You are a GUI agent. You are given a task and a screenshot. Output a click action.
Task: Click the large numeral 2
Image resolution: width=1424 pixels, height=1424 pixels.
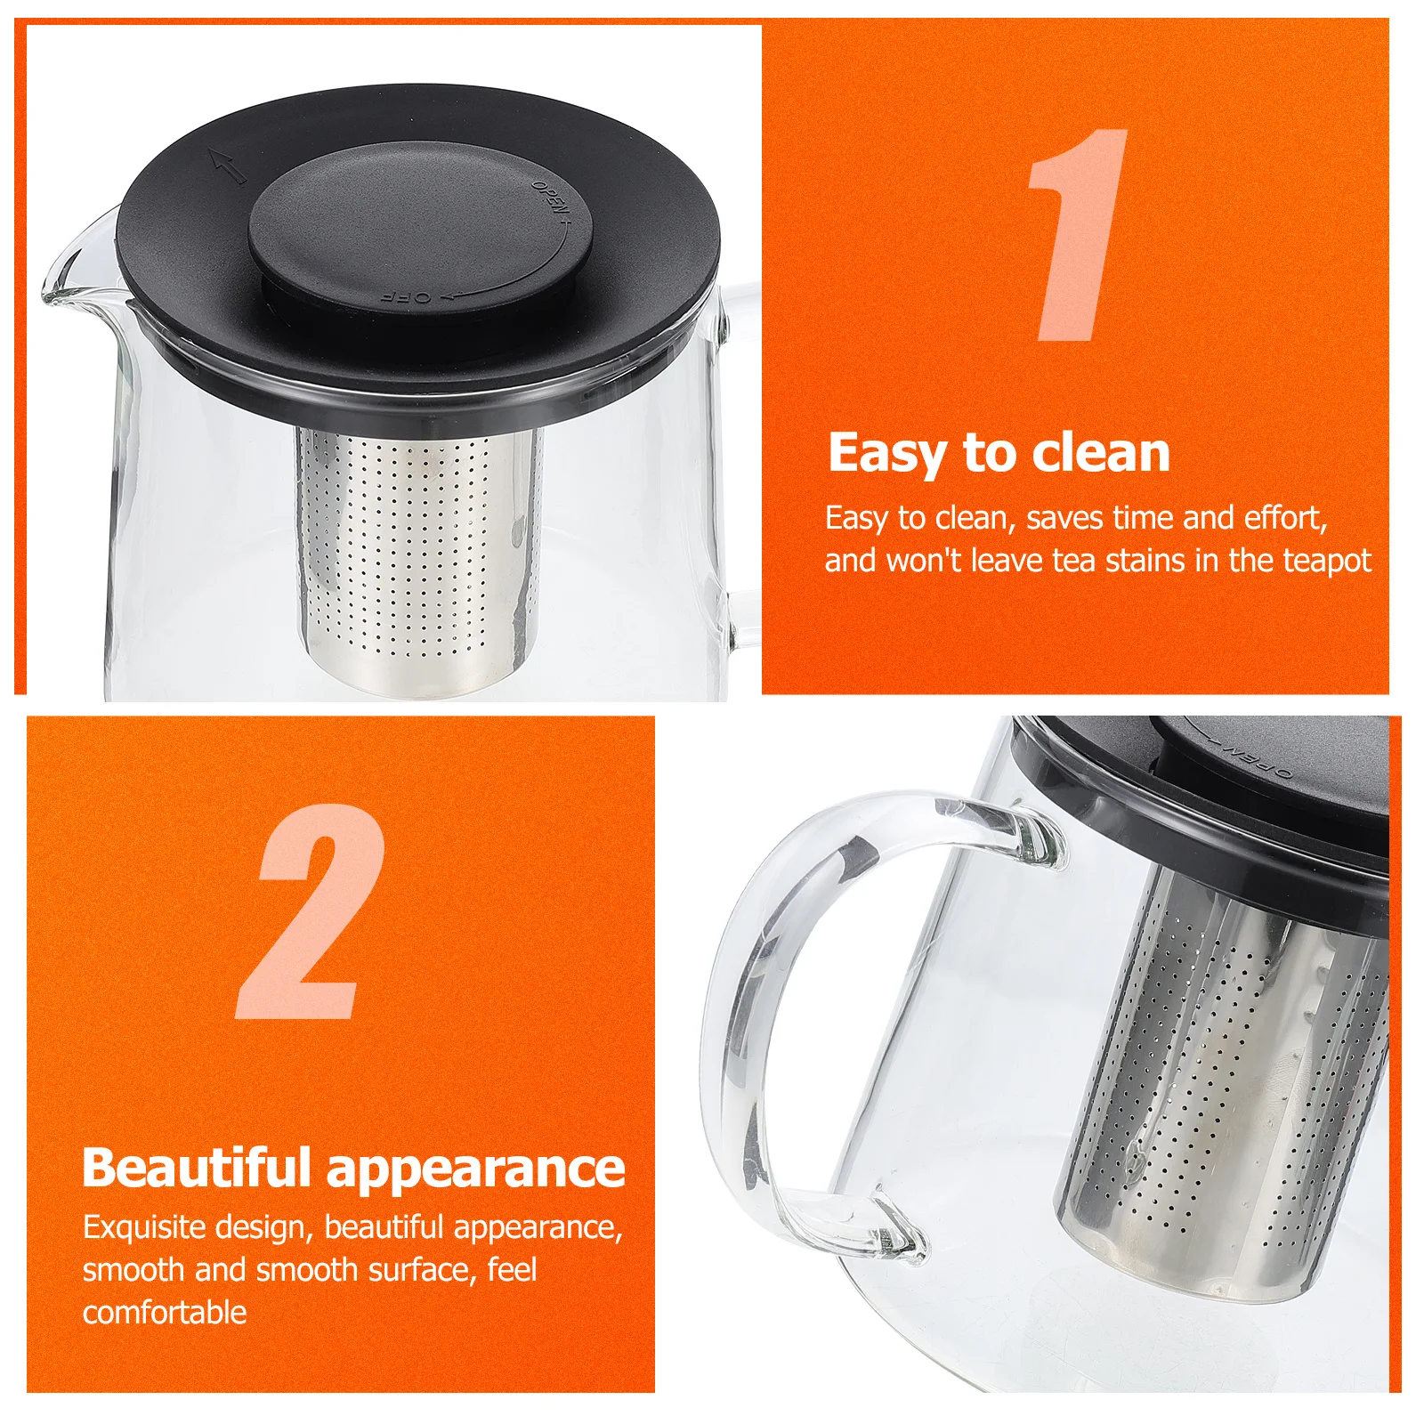pyautogui.click(x=311, y=912)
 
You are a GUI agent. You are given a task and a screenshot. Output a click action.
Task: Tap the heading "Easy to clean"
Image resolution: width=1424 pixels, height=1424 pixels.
pyautogui.click(x=999, y=453)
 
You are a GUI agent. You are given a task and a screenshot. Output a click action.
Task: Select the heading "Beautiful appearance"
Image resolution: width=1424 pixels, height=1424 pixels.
pyautogui.click(x=353, y=1168)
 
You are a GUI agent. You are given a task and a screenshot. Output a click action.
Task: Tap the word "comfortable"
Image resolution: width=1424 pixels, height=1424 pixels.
pyautogui.click(x=165, y=1312)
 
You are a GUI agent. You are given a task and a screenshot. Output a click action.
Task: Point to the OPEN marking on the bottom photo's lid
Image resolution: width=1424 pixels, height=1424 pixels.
pyautogui.click(x=1255, y=756)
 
